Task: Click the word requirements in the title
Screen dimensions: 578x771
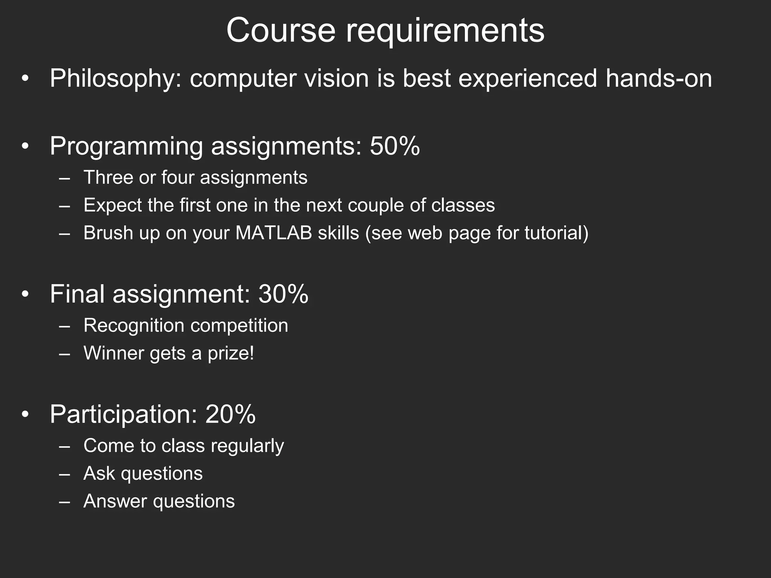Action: (445, 31)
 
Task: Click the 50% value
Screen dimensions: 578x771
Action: (395, 146)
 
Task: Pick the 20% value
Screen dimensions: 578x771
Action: (230, 414)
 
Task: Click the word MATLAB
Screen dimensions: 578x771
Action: (274, 233)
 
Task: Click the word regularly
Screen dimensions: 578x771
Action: (247, 446)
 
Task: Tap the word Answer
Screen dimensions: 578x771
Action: (116, 501)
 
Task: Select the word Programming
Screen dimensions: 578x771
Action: (126, 147)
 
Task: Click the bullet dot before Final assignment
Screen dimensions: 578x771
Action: (25, 295)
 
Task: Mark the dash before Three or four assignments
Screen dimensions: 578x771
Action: (64, 178)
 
